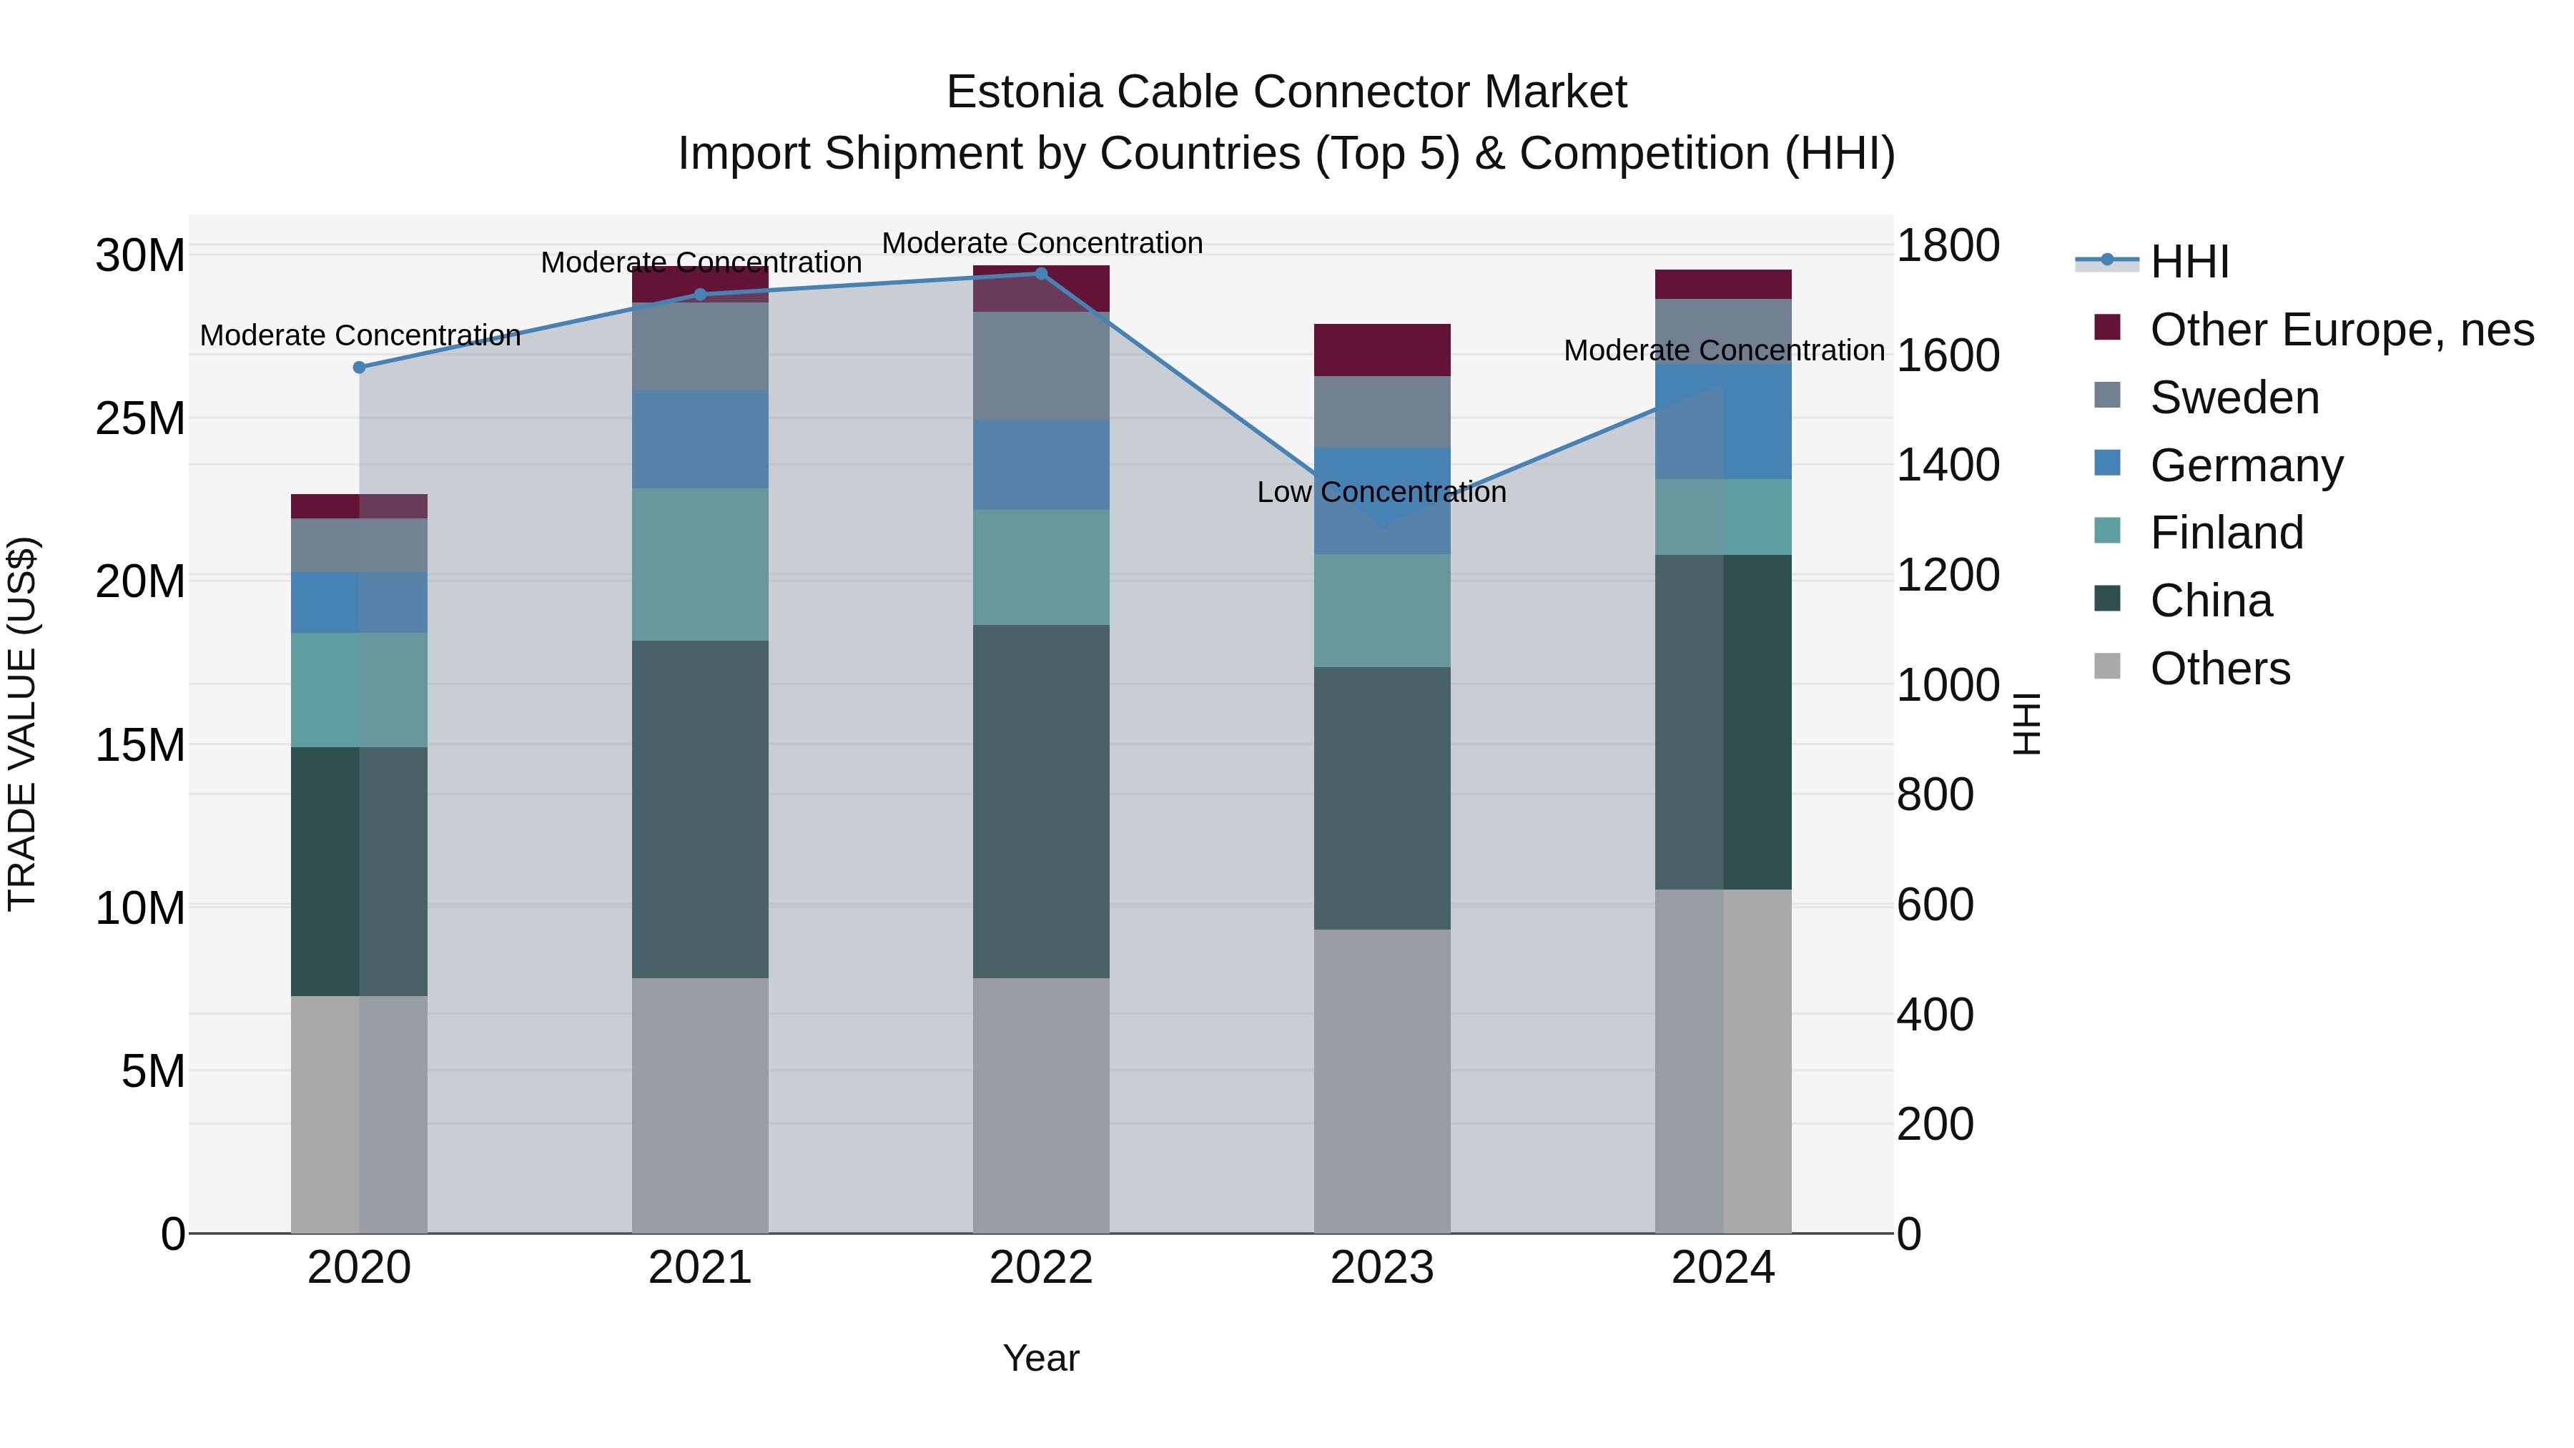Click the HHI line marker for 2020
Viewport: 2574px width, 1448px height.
click(x=359, y=367)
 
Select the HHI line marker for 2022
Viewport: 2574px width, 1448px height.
click(x=1040, y=274)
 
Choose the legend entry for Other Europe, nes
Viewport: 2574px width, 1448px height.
click(x=2340, y=330)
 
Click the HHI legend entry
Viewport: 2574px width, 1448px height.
click(x=2189, y=262)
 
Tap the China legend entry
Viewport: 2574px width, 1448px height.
click(x=2210, y=601)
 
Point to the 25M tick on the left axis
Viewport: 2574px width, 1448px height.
click(x=140, y=419)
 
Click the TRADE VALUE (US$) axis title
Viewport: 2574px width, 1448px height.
click(x=23, y=724)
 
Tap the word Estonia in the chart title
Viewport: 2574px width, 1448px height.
click(x=1023, y=92)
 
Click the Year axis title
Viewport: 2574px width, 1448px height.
click(x=1040, y=1358)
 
